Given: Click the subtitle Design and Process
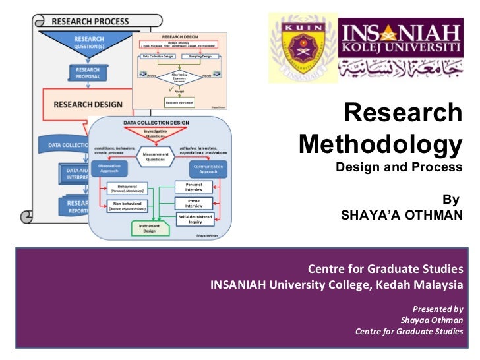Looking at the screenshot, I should pyautogui.click(x=400, y=167).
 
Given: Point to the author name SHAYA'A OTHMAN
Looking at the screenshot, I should pyautogui.click(x=402, y=215).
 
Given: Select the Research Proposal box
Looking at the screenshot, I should pyautogui.click(x=88, y=74).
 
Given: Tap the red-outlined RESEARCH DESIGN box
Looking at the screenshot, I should pyautogui.click(x=86, y=104).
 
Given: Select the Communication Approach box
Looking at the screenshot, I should pyautogui.click(x=208, y=169).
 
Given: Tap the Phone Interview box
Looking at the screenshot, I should pyautogui.click(x=194, y=202).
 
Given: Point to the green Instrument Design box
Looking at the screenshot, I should pyautogui.click(x=150, y=228).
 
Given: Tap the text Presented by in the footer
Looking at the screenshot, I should pyautogui.click(x=437, y=309).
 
